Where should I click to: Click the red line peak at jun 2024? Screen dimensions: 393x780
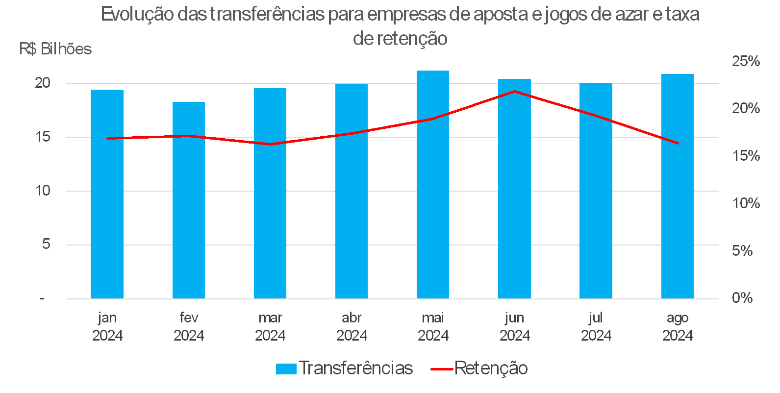[x=514, y=92]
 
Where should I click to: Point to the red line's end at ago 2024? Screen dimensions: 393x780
[x=678, y=143]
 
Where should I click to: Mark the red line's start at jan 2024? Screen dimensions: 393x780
[x=107, y=138]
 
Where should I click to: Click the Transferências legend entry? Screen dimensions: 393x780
[x=345, y=368]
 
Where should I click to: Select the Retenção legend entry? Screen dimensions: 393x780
[x=479, y=368]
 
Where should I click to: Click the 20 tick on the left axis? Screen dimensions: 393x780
[x=43, y=83]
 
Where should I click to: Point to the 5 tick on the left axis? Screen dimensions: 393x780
[x=46, y=244]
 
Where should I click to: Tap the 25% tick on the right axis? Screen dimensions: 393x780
[x=746, y=61]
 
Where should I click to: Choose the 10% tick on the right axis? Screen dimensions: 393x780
[x=746, y=203]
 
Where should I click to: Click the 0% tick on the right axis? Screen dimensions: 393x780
[x=742, y=297]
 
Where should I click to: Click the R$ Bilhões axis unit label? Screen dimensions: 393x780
[x=55, y=49]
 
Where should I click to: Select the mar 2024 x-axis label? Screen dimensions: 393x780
[x=270, y=326]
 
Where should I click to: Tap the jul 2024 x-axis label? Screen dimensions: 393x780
[x=596, y=326]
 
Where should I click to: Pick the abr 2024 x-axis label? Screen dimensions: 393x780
[x=352, y=326]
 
